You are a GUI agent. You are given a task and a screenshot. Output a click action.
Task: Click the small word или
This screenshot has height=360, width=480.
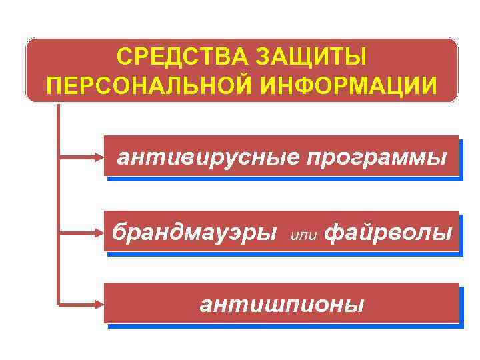[x=305, y=235]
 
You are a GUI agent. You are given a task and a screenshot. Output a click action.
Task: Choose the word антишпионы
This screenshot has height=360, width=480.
[x=282, y=305]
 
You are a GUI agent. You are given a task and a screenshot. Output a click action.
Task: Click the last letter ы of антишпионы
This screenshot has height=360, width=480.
[x=356, y=305]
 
